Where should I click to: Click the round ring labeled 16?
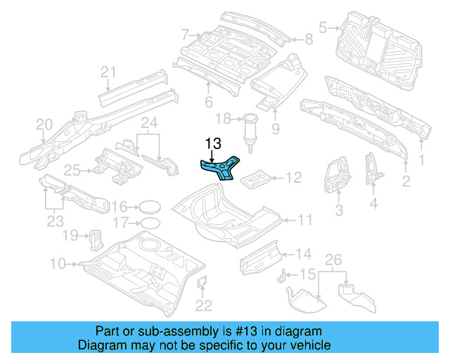(x=148, y=207)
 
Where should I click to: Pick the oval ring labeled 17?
(x=148, y=224)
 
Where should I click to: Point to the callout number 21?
(x=107, y=71)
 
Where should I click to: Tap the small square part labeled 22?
(x=200, y=283)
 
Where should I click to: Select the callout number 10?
(x=58, y=264)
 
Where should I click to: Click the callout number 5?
(x=323, y=28)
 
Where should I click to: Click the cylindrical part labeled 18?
(x=250, y=130)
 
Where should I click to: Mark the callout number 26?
(x=334, y=259)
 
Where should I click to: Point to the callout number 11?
(x=304, y=221)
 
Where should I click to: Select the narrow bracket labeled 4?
(x=371, y=169)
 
